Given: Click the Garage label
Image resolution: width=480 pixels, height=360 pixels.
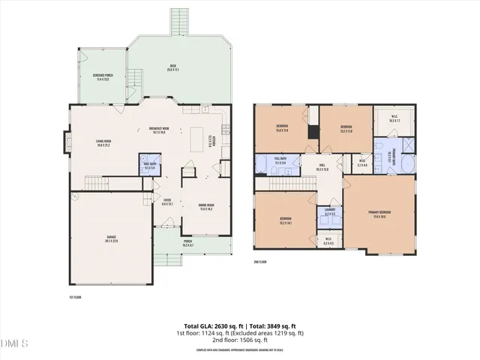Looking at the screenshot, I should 111,240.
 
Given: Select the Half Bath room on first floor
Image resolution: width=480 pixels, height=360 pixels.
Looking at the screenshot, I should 150,166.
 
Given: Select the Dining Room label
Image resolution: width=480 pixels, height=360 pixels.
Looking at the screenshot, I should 205,208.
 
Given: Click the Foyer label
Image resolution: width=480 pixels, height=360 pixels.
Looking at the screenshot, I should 167,202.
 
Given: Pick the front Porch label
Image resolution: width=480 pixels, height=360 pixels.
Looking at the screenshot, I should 187,244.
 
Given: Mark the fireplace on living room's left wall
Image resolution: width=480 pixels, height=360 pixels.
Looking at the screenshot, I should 66,142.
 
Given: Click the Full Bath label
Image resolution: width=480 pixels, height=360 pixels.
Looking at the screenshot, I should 280,160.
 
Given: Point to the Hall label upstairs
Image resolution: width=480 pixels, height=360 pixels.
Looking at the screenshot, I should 322,168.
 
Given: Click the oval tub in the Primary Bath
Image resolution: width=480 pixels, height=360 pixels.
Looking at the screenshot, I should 408,164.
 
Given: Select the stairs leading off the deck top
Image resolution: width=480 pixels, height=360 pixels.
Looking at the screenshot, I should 178,22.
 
